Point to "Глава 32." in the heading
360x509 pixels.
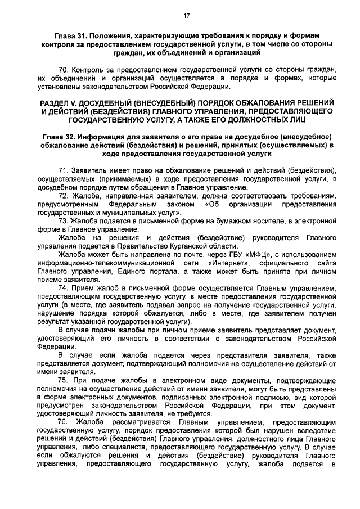(x=61, y=137)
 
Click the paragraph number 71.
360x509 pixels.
(x=63, y=170)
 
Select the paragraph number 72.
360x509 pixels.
(x=63, y=195)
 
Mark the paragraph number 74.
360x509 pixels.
(x=63, y=288)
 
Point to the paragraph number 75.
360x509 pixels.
(x=63, y=381)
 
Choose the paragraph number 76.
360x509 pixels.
(x=63, y=422)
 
